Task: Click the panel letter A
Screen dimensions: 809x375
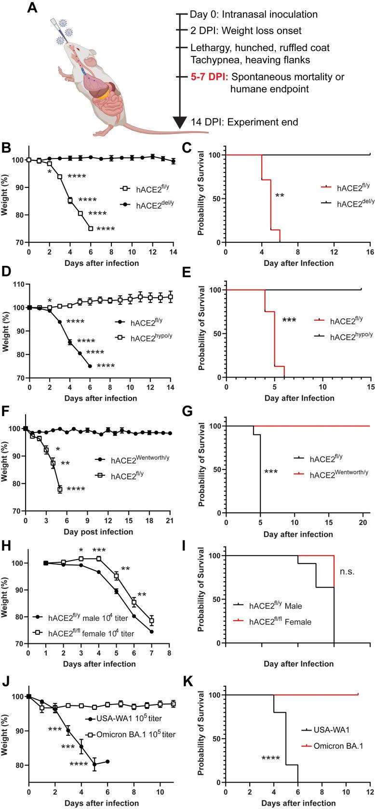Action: (32, 8)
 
